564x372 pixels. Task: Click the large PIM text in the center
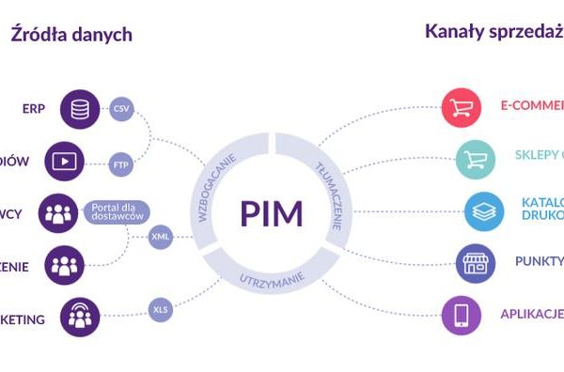coord(271,213)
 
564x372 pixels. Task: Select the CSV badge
coord(121,109)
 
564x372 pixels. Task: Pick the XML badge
coord(161,238)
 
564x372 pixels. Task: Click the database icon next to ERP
coord(81,109)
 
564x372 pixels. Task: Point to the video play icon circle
coord(64,161)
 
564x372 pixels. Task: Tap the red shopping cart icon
coord(461,105)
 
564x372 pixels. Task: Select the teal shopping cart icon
coord(475,158)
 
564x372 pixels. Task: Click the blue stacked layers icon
coord(483,210)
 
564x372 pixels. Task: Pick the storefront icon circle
coord(475,262)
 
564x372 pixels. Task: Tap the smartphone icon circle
coord(461,316)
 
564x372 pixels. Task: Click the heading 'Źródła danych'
coord(71,35)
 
